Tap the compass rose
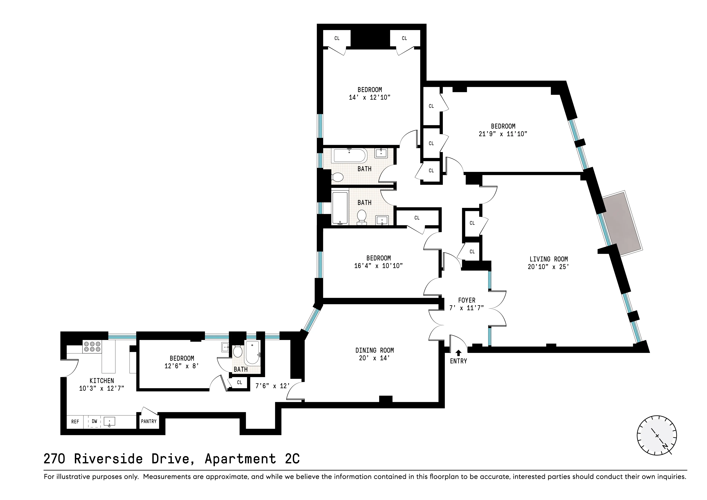[x=657, y=435]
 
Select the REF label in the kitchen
[x=75, y=421]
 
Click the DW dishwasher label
[x=94, y=421]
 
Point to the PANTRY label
[x=149, y=421]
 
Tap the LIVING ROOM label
[x=548, y=259]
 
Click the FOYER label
[x=466, y=300]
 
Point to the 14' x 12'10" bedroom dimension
[x=369, y=97]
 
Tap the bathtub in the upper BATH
[x=349, y=156]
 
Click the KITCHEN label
[x=102, y=381]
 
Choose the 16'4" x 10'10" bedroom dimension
[x=378, y=266]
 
